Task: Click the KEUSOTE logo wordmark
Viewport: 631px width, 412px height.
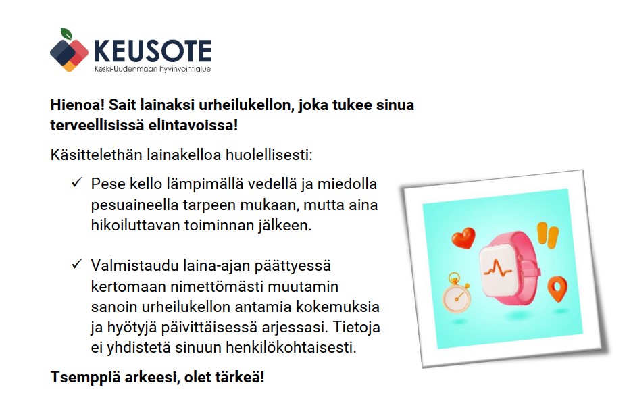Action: click(x=153, y=51)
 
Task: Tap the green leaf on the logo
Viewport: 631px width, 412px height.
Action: click(x=66, y=34)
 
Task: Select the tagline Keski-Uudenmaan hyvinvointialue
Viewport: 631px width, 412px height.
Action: click(x=153, y=69)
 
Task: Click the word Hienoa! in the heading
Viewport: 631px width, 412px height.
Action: click(x=77, y=105)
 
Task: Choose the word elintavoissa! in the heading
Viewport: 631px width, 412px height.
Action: click(x=193, y=125)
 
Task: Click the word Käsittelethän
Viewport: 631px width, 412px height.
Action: click(x=96, y=155)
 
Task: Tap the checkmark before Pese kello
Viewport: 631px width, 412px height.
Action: click(x=77, y=182)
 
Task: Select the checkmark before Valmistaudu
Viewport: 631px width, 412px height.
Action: click(x=77, y=264)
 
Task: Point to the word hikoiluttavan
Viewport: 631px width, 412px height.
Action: click(x=136, y=226)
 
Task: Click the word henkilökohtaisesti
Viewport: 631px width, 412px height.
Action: click(x=291, y=348)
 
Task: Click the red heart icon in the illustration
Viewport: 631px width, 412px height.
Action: click(x=463, y=237)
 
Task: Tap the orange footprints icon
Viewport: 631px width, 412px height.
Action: click(x=548, y=234)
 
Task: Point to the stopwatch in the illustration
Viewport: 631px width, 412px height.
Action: click(x=456, y=293)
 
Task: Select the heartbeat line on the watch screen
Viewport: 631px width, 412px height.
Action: click(x=497, y=268)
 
